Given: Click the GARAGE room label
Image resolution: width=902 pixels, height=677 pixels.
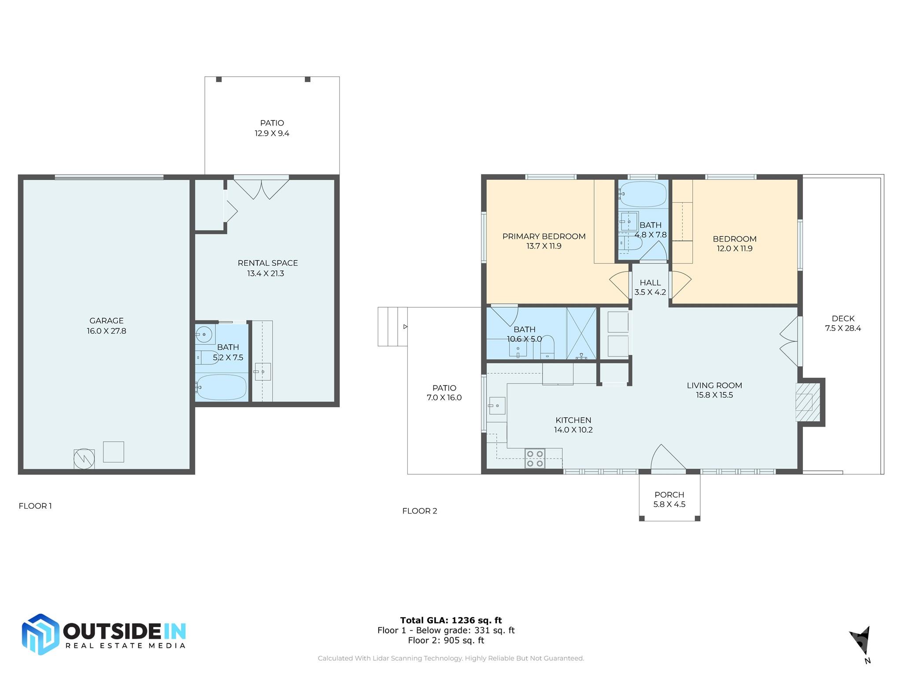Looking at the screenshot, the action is click(107, 321).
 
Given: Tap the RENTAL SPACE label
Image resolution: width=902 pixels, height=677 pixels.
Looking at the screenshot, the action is click(268, 263).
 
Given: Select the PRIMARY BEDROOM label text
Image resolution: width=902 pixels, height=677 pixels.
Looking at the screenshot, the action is click(544, 236).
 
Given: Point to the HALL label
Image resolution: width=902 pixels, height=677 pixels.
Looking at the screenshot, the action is click(650, 283).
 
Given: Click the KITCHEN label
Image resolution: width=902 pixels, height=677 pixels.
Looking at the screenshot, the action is click(573, 420).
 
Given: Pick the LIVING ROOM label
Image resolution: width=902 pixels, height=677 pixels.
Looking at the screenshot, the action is click(714, 385).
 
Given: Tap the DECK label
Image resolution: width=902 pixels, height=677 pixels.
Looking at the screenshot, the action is click(843, 318).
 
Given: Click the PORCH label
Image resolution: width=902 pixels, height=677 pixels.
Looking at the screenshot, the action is click(669, 495).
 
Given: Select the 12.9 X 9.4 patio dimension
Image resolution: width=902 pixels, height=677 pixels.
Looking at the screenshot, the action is click(272, 133).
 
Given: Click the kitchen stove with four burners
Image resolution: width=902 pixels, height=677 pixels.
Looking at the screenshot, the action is click(535, 458).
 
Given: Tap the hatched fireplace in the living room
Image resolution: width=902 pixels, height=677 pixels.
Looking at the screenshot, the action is click(808, 402).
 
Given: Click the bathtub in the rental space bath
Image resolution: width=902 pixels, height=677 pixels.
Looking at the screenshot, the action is click(221, 387).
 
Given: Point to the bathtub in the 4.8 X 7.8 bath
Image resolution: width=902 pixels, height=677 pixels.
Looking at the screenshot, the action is click(643, 194).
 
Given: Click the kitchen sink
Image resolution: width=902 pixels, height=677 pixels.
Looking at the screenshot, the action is click(497, 405).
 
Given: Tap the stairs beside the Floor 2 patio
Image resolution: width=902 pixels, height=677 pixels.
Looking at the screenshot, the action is click(392, 327).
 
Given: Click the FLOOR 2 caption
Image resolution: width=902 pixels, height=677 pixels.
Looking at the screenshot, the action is click(420, 511).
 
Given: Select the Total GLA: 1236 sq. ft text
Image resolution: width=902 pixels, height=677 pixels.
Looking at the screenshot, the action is click(451, 620).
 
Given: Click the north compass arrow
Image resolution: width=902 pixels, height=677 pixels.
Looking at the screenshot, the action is click(861, 640).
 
